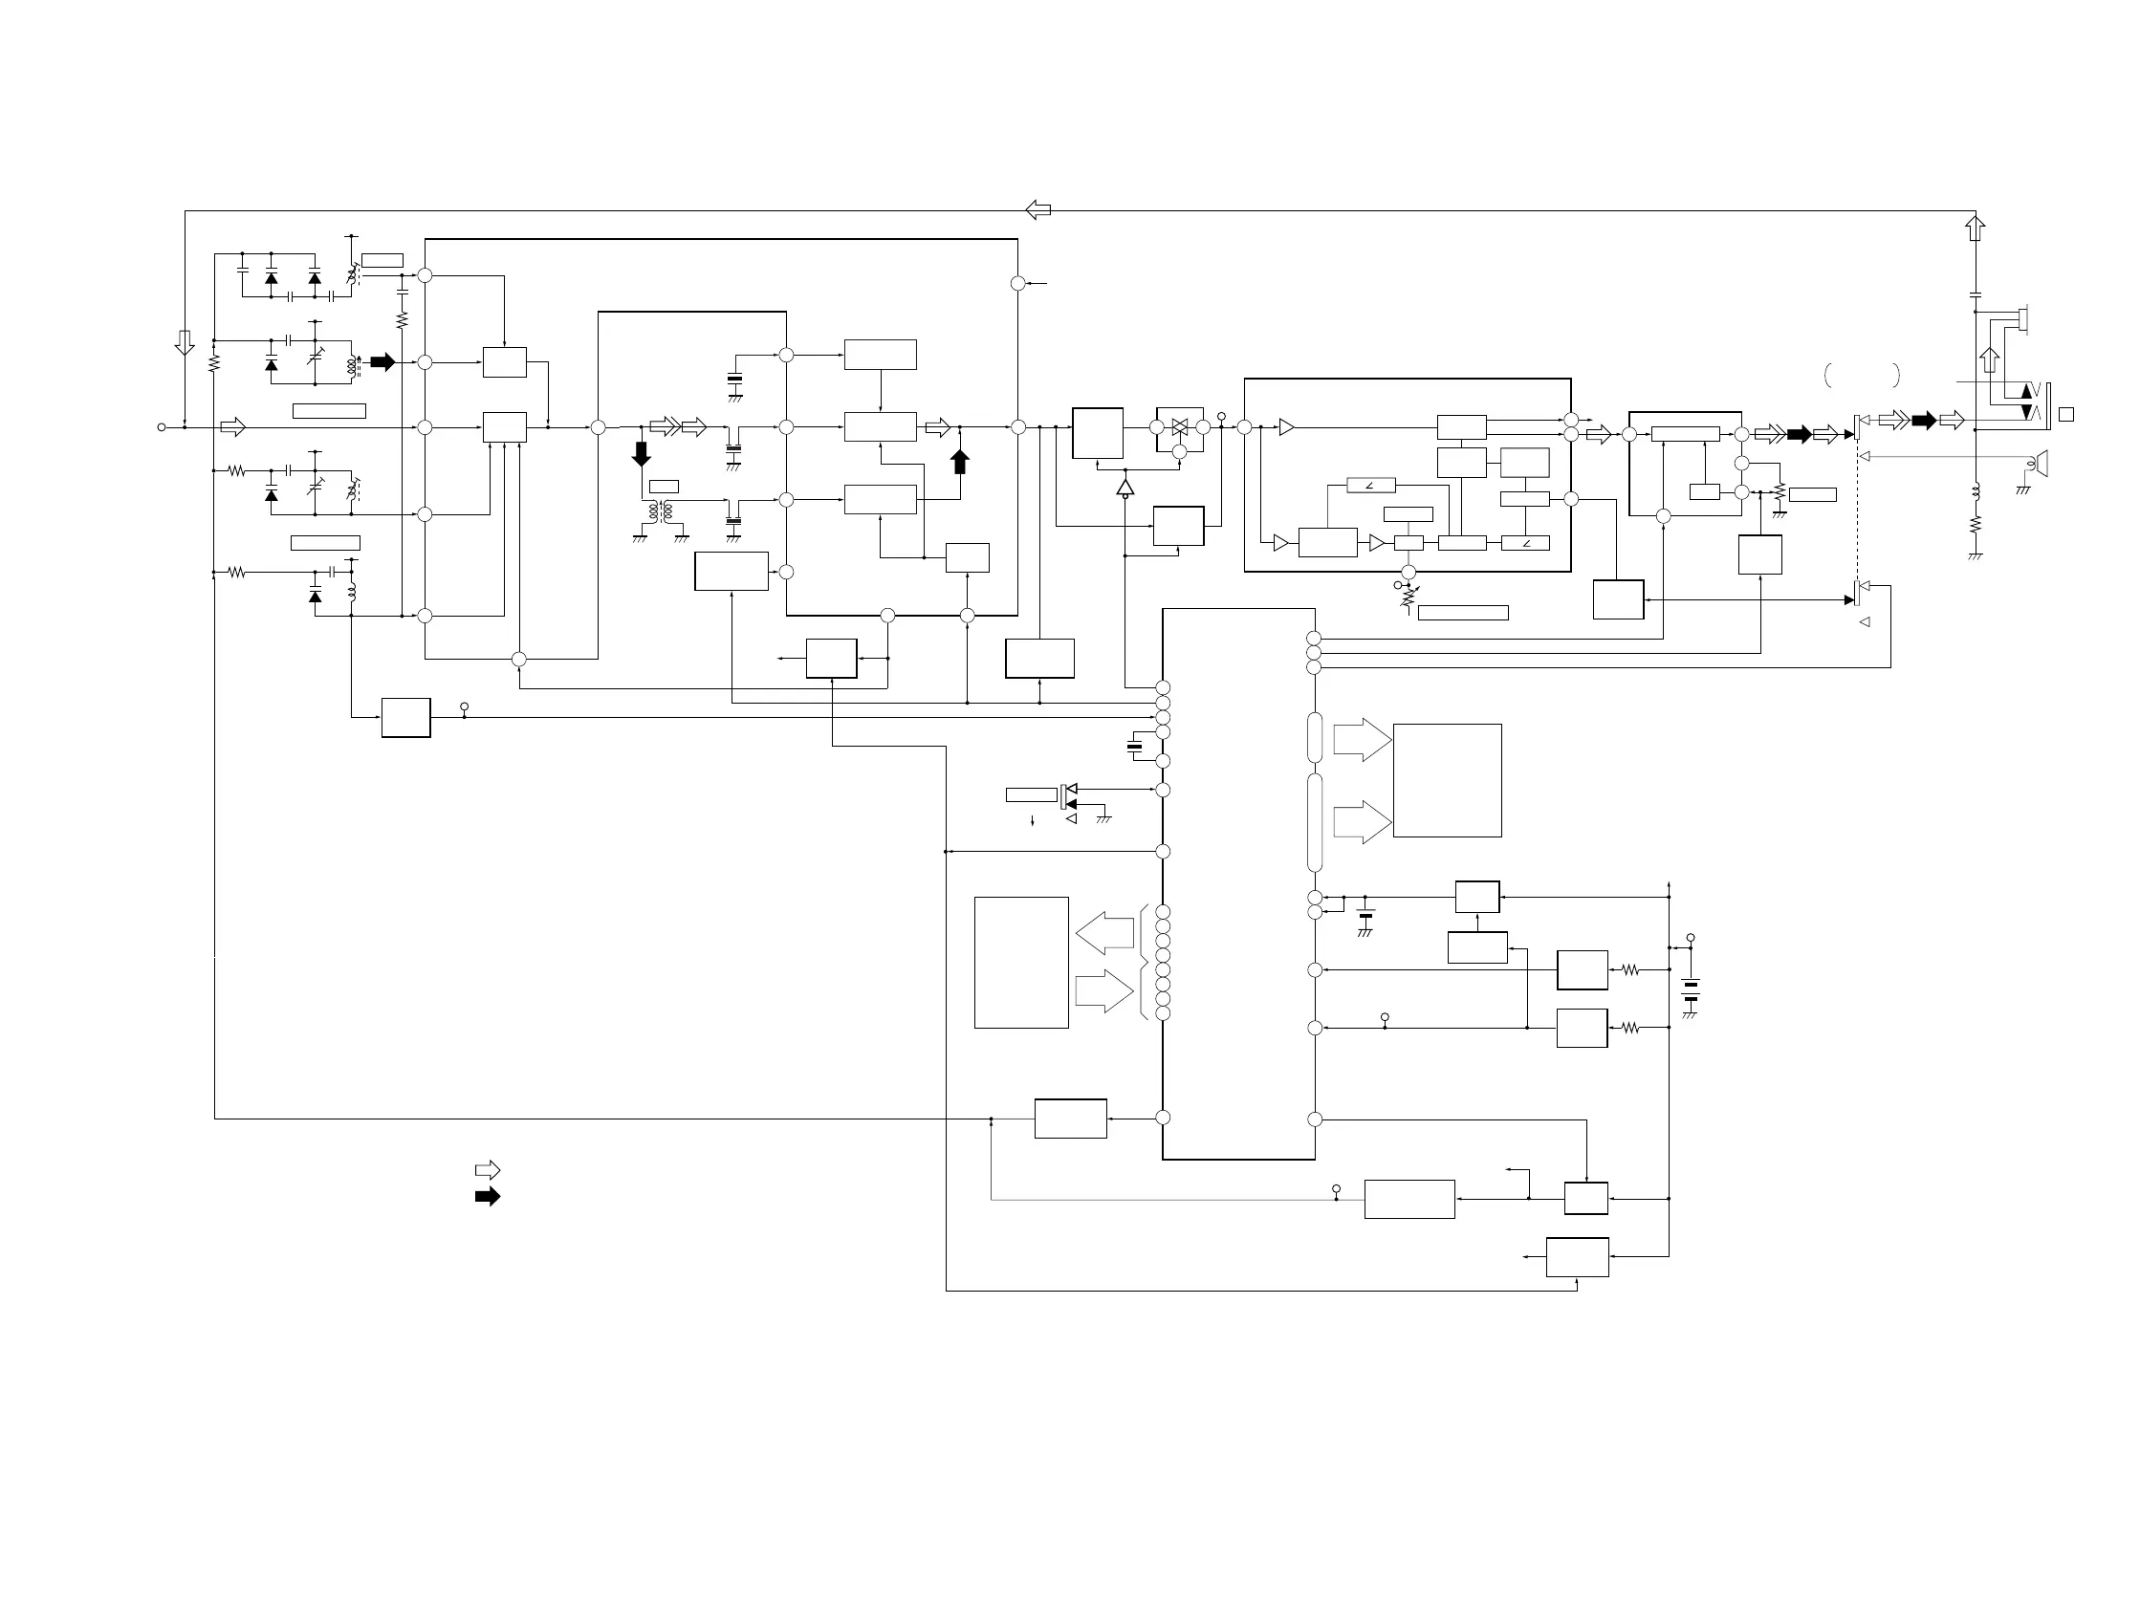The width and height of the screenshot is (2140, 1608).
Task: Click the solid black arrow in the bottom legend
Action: pos(488,1197)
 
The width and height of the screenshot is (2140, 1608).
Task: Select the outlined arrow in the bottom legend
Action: pos(488,1170)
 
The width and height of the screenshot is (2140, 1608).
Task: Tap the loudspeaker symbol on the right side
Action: pos(2040,464)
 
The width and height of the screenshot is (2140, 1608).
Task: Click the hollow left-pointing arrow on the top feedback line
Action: pos(1038,210)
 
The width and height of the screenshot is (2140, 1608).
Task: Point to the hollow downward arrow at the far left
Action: pos(185,342)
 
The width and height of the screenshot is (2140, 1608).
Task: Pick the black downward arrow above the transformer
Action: pos(642,453)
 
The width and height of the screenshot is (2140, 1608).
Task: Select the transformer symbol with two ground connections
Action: pos(661,512)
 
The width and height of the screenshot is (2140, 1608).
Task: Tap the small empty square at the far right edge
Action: pos(2066,415)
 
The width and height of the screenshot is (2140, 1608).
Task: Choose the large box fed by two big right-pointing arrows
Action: pos(1448,780)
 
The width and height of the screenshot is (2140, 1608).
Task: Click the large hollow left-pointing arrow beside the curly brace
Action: pos(1104,933)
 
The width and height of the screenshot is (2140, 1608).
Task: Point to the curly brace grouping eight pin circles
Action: pos(1145,962)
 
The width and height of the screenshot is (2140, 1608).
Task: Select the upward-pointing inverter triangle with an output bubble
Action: pos(1125,488)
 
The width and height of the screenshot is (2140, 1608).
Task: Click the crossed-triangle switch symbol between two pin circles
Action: pos(1179,426)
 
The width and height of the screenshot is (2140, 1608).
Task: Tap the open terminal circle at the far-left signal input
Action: pos(162,426)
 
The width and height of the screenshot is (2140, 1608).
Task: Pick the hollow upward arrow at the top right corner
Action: pos(1976,228)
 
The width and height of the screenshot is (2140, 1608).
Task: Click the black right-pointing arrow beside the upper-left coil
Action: pos(383,362)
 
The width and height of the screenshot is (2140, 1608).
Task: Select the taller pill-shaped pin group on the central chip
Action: pos(1315,822)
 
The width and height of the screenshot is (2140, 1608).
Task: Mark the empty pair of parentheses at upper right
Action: pos(1863,375)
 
